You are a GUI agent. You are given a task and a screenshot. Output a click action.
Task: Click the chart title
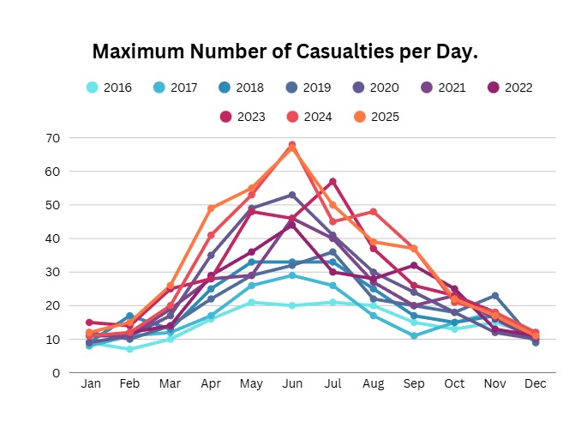pos(284,51)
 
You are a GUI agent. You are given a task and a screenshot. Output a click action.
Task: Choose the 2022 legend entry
pos(506,87)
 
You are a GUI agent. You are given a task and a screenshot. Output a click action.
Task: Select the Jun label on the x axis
pos(292,384)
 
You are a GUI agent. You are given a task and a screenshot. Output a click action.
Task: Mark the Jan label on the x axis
pos(91,384)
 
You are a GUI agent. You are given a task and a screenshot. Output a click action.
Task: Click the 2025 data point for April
pos(212,208)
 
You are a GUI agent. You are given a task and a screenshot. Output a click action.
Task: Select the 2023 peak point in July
pos(332,181)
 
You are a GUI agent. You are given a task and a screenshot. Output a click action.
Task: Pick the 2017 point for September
pos(413,335)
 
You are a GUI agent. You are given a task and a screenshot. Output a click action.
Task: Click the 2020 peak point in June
pos(292,195)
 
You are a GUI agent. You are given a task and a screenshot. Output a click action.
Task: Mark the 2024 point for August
pos(373,212)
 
